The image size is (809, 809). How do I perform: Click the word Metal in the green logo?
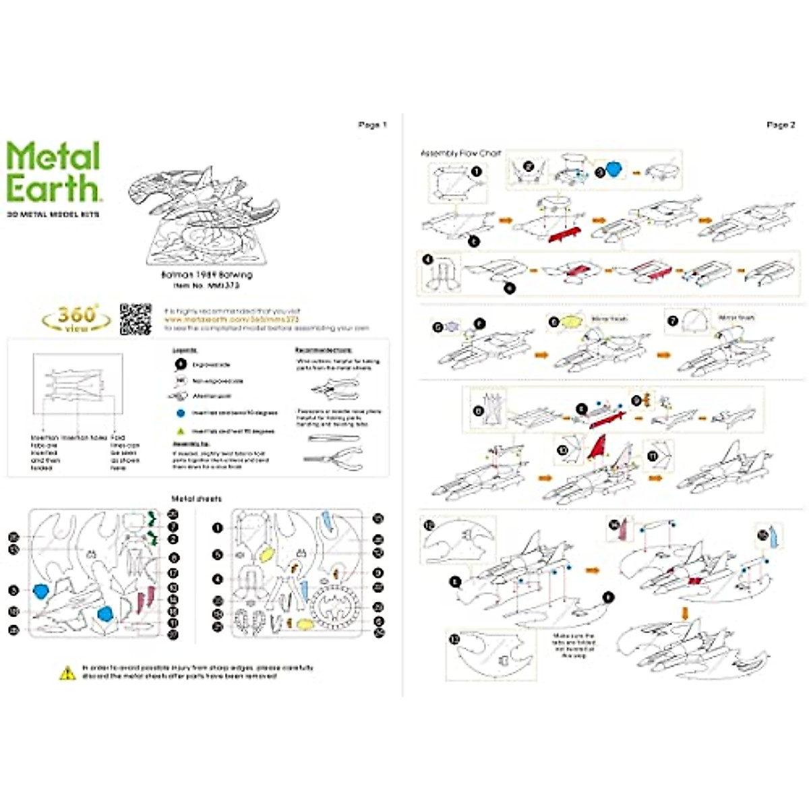tap(53, 156)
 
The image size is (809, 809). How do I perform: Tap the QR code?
tap(135, 318)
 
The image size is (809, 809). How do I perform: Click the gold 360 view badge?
tap(76, 317)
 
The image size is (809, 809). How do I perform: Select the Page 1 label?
tap(372, 125)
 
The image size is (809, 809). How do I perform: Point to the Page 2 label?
tap(781, 125)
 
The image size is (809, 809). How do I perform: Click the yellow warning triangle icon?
tap(67, 672)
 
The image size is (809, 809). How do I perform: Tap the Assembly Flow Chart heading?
tap(460, 154)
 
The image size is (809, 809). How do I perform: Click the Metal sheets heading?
tap(196, 499)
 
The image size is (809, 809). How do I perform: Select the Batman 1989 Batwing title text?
tap(206, 275)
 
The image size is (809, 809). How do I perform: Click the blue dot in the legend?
tap(180, 413)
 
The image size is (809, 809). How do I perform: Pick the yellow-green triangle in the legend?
tap(180, 430)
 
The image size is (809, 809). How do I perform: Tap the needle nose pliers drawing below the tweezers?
tap(334, 458)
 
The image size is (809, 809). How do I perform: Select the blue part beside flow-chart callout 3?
tap(613, 169)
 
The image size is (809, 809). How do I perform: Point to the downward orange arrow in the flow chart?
tap(685, 613)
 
